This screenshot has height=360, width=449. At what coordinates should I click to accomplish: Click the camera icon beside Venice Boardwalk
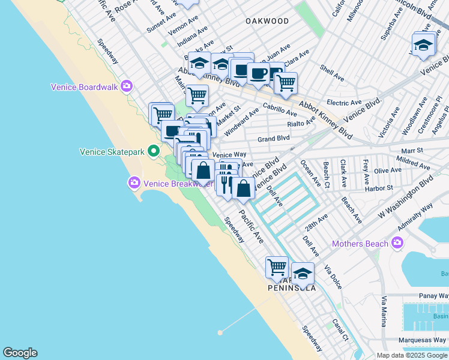pos(127,86)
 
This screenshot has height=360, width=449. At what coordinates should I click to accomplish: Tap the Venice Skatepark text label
pos(112,152)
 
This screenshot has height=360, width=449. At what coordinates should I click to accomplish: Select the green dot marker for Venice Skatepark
pos(154,151)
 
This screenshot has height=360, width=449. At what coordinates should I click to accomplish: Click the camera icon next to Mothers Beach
pos(397,244)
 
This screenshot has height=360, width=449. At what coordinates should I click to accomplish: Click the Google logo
pos(20,353)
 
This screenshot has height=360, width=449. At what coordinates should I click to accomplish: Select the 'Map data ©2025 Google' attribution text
pos(411,355)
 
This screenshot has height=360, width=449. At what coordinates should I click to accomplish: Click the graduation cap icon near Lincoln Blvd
pos(423,45)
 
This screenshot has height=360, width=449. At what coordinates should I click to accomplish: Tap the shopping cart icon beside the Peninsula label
pos(277,267)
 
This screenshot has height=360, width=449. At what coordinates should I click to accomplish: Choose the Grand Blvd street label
pos(274,139)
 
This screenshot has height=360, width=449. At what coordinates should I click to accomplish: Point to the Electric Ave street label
pos(344,103)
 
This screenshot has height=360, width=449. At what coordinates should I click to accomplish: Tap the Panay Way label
pos(434,296)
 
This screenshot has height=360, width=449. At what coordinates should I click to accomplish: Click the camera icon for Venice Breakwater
pos(134,182)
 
